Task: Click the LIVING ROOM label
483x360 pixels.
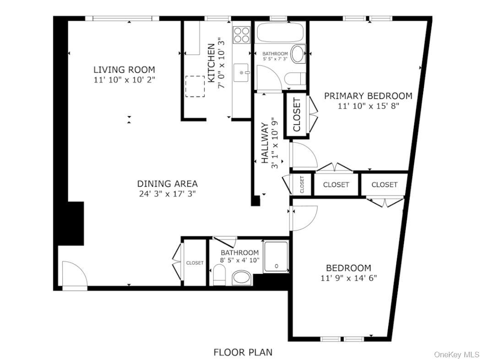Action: [x=124, y=70]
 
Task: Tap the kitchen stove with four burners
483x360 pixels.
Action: [x=242, y=34]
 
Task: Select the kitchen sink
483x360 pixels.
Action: [x=241, y=72]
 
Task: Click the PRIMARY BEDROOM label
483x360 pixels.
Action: [x=368, y=96]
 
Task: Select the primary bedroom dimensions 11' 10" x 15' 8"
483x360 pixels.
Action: [x=368, y=106]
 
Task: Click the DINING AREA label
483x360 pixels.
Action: [x=168, y=184]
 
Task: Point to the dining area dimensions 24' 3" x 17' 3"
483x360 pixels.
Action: [x=168, y=193]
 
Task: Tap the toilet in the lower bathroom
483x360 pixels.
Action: [x=220, y=276]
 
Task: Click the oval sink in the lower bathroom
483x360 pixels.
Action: [x=241, y=277]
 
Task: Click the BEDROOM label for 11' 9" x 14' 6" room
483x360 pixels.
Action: [x=348, y=268]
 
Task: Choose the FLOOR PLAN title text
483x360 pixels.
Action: [x=243, y=352]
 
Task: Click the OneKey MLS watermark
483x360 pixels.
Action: [x=456, y=355]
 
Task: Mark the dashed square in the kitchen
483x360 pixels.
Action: [x=195, y=86]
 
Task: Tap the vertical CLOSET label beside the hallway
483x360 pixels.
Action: [x=297, y=115]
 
